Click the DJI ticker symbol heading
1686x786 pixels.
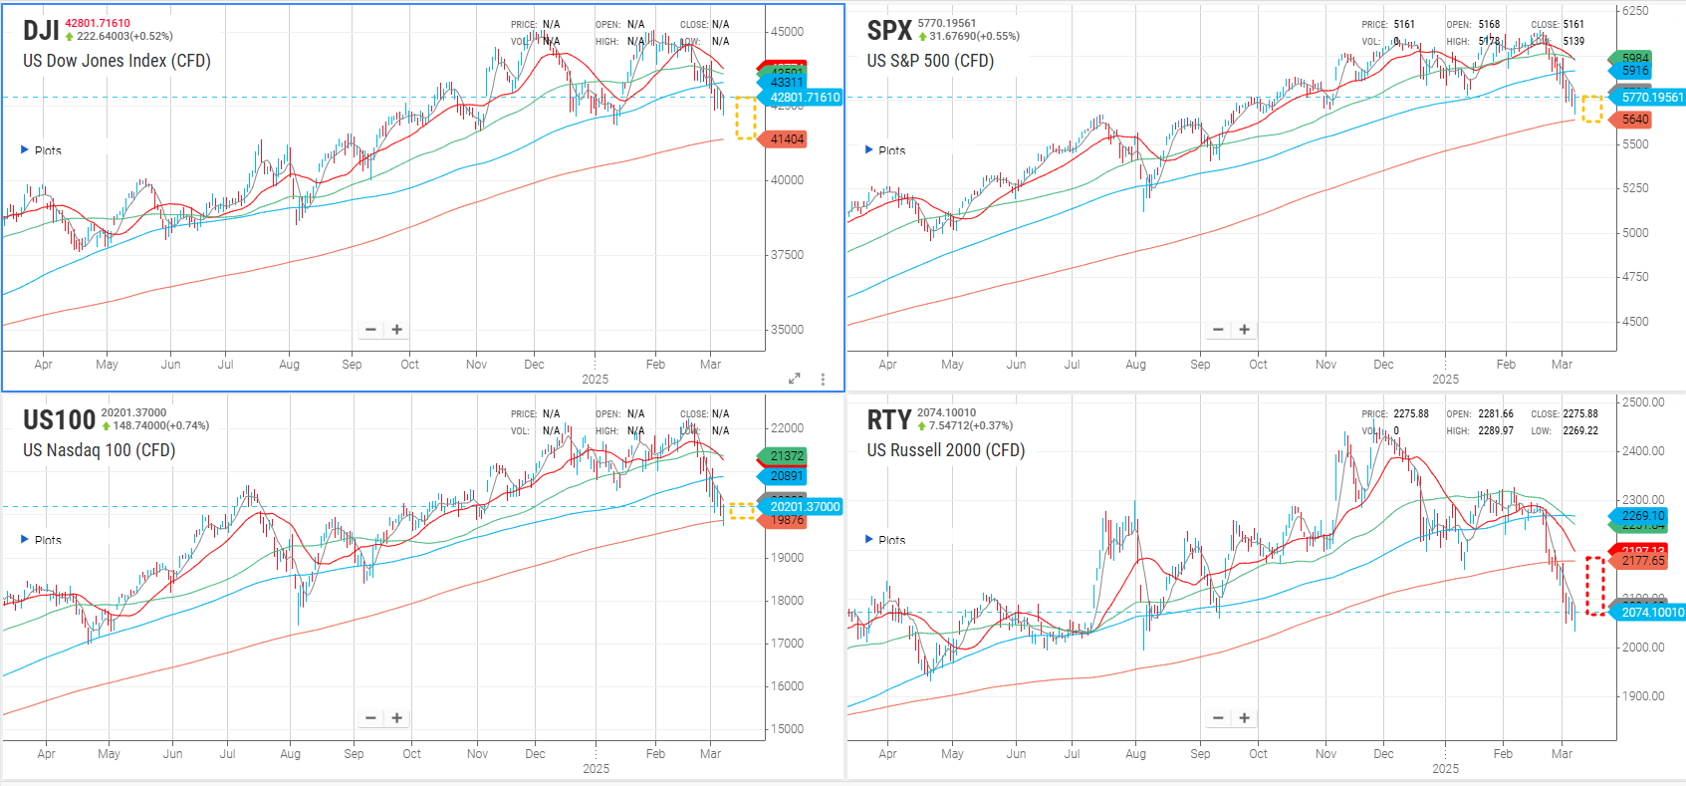click(41, 31)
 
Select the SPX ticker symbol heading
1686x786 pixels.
click(889, 31)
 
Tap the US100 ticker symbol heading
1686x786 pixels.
click(59, 420)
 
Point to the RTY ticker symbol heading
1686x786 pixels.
click(888, 420)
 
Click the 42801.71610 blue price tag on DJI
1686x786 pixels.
click(804, 98)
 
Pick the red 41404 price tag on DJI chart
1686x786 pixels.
click(786, 139)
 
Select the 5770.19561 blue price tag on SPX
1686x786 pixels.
click(1651, 98)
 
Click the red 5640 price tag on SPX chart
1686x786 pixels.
click(1635, 120)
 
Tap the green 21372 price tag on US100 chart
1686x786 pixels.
click(786, 456)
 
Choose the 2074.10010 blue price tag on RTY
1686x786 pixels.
click(1651, 613)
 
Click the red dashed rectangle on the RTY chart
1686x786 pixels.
click(1594, 586)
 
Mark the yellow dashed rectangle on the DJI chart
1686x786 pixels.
click(745, 118)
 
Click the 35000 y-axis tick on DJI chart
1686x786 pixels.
click(787, 330)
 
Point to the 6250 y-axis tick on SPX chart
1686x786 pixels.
click(1635, 11)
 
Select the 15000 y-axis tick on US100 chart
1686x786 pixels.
click(787, 729)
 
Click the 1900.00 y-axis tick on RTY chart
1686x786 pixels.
click(1643, 696)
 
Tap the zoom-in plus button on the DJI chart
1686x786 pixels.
click(396, 330)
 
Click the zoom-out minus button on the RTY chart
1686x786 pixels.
click(1218, 718)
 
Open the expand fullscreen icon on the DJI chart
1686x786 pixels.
click(794, 379)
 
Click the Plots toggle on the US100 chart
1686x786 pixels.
click(41, 540)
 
